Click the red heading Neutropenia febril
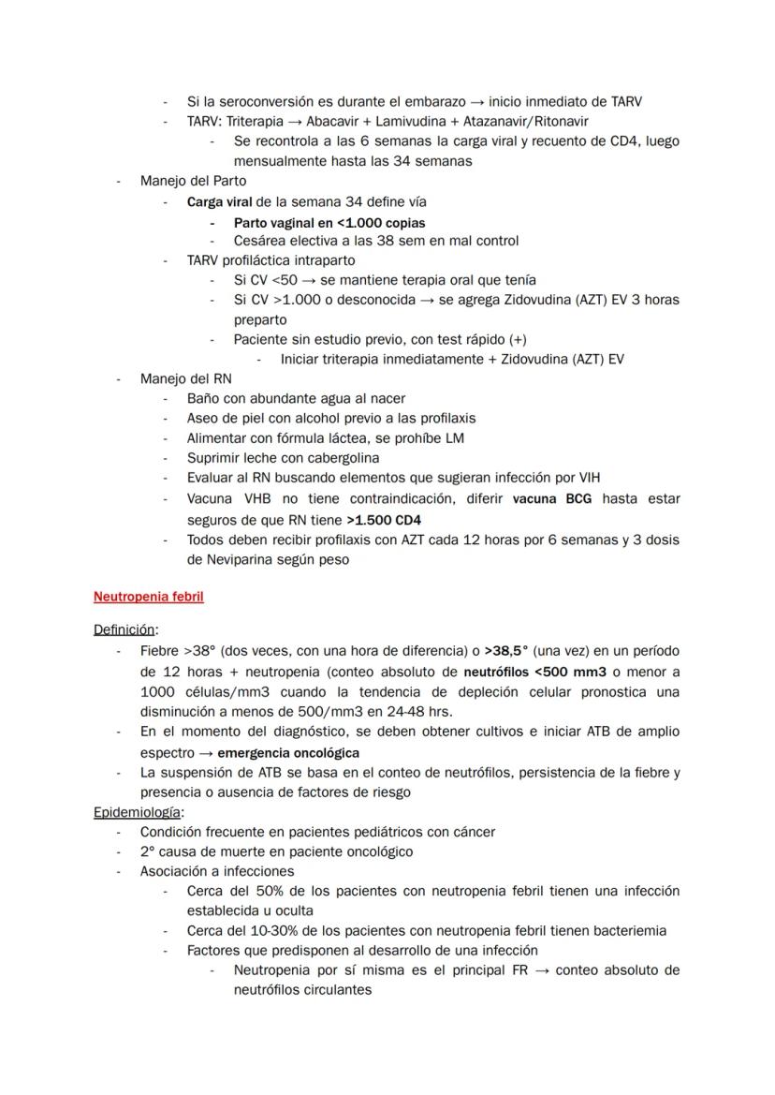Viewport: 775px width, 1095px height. [149, 596]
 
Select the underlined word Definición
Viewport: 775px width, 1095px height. [124, 630]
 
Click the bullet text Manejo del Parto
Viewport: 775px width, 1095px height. [193, 180]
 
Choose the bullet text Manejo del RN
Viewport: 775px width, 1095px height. [185, 378]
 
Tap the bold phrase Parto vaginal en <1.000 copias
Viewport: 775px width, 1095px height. [329, 223]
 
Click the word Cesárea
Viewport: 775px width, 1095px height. [259, 241]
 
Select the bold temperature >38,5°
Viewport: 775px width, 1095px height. [506, 650]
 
